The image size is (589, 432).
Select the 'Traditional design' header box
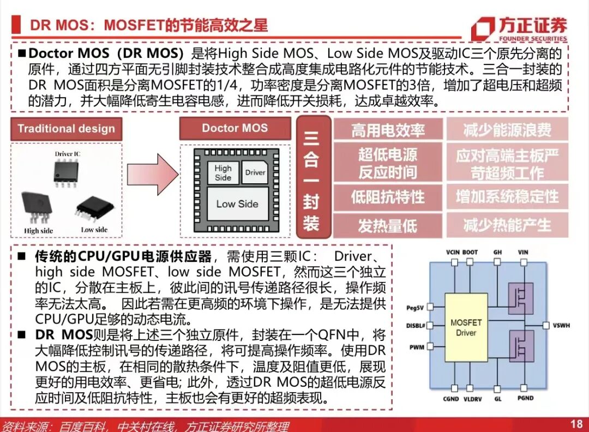[x=67, y=129]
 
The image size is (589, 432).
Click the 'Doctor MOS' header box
[x=235, y=129]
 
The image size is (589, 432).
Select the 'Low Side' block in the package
[x=237, y=204]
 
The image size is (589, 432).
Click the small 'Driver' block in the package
[x=255, y=172]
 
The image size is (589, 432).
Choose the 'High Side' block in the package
[x=223, y=173]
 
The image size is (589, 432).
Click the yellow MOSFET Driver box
[x=466, y=327]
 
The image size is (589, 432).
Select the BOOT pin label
[x=470, y=253]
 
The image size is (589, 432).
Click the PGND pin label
[x=526, y=399]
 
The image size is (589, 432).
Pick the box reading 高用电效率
[x=388, y=130]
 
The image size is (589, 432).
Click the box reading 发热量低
[x=388, y=225]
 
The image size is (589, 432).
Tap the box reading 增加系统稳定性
[x=507, y=196]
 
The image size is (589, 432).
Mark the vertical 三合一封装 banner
[x=312, y=177]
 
